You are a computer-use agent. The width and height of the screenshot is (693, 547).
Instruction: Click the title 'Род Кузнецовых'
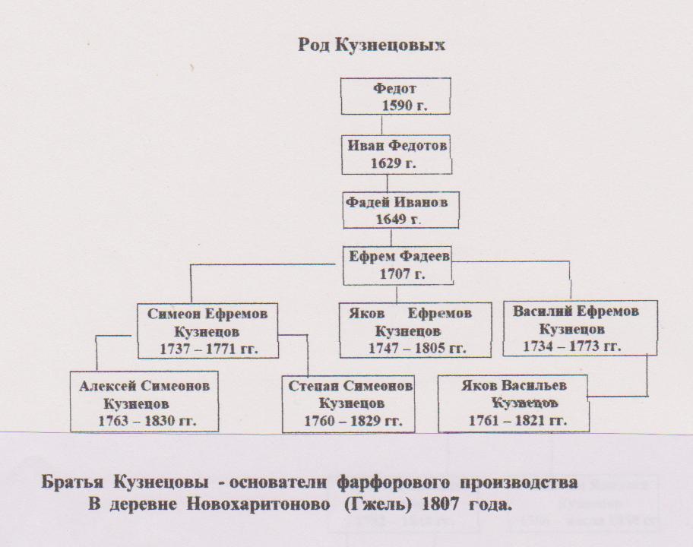click(372, 45)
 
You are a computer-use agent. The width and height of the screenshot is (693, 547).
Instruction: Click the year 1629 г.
click(394, 163)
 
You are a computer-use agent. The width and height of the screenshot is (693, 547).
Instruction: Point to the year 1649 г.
click(397, 220)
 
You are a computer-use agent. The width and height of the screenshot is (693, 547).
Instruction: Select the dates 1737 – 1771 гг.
click(209, 349)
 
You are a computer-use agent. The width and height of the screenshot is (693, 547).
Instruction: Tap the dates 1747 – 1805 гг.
click(417, 348)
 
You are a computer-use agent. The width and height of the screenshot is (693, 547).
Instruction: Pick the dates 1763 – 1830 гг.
click(147, 421)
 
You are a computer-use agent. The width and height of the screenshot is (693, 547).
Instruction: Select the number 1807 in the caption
click(440, 504)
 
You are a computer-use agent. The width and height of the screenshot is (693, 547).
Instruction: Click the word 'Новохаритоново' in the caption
click(258, 504)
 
